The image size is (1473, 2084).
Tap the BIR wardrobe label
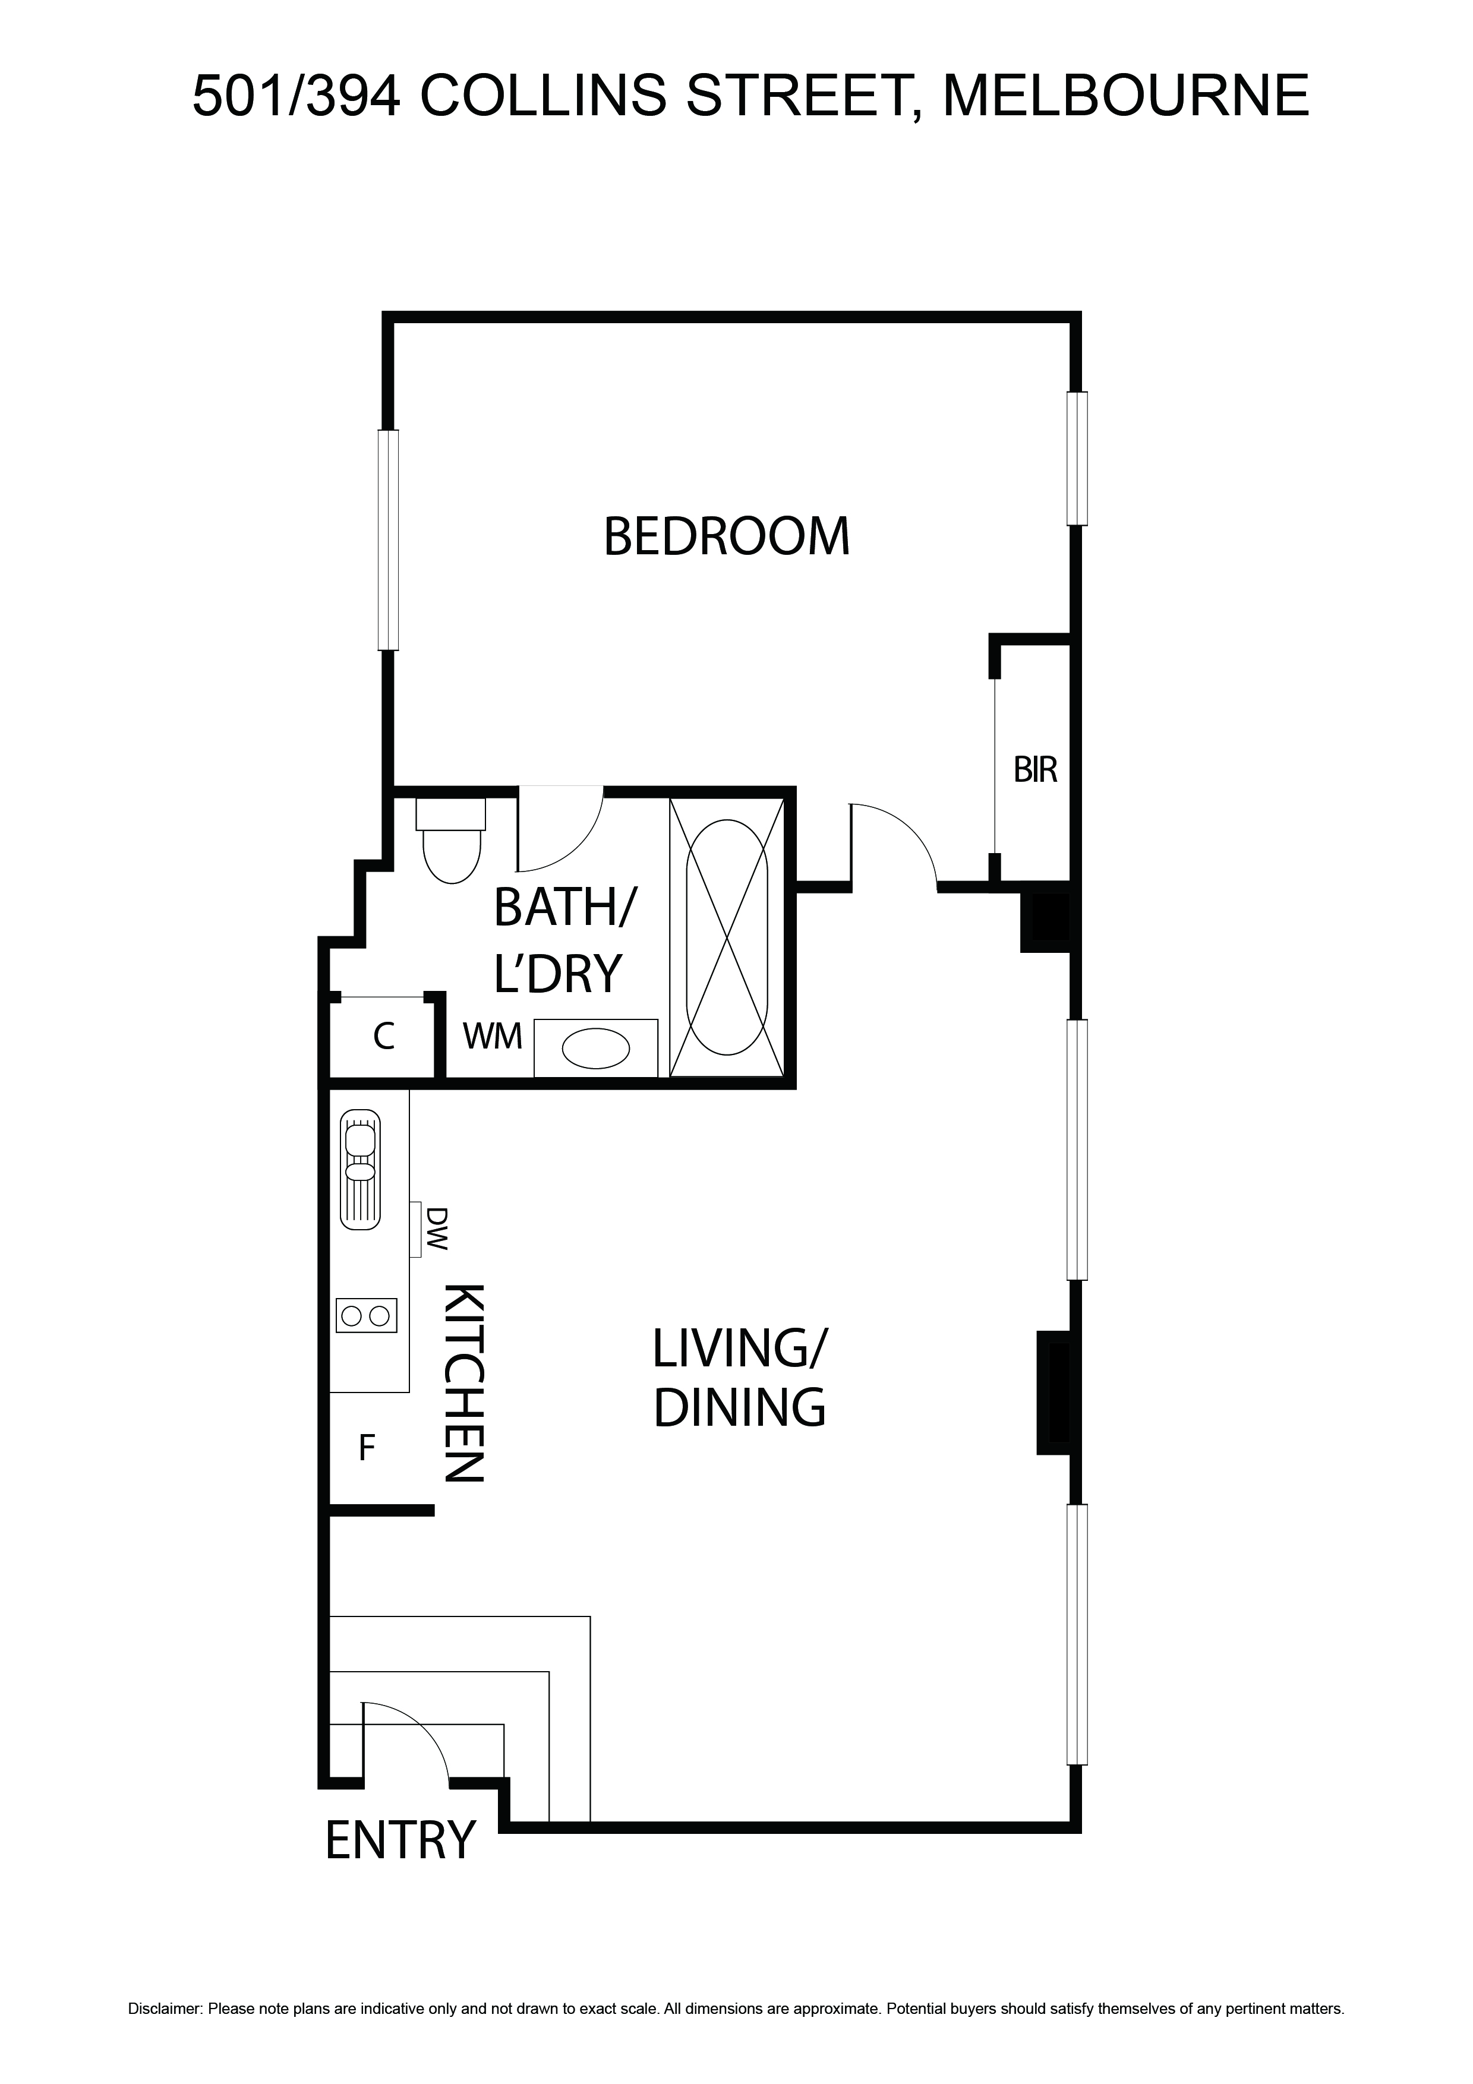tap(1036, 770)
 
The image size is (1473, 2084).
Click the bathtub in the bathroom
tap(727, 937)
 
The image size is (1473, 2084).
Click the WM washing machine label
tap(493, 1035)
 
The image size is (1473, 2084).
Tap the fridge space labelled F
tap(367, 1448)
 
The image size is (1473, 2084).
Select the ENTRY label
tap(400, 1840)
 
